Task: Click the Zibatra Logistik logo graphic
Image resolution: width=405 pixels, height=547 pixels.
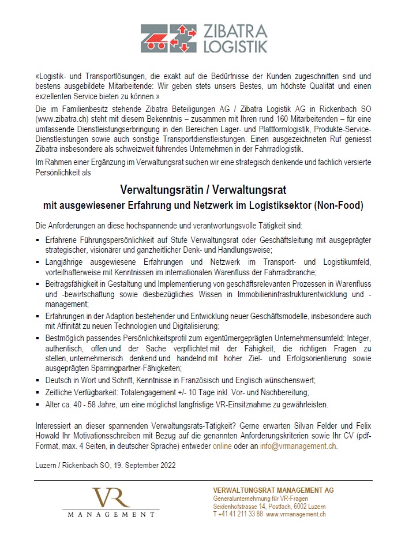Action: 164,39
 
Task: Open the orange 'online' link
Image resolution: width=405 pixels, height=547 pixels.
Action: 222,445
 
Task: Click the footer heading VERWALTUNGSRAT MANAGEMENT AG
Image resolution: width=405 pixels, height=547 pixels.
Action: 273,490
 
